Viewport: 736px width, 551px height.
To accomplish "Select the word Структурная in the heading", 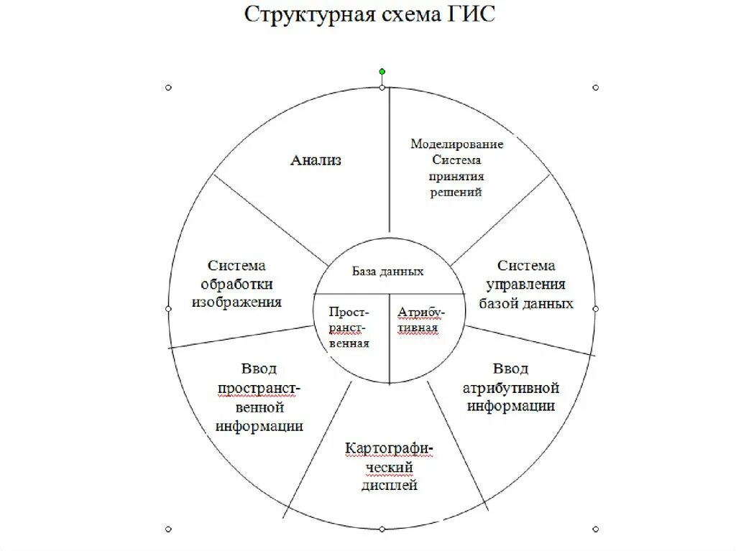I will tap(308, 15).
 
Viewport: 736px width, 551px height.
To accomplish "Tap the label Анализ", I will tap(316, 160).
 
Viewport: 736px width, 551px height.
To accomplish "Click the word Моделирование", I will tap(456, 144).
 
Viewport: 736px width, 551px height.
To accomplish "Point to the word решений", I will tap(456, 193).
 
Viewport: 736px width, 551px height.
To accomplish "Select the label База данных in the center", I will tap(387, 272).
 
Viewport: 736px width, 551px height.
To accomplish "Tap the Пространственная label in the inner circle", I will tap(349, 328).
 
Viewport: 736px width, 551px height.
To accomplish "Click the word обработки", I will tap(237, 284).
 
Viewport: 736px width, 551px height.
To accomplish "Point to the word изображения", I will tap(236, 302).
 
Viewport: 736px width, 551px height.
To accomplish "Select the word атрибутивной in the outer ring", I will tap(510, 388).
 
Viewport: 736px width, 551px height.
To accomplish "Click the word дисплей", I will tap(389, 486).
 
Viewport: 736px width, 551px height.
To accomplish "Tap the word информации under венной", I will tap(259, 425).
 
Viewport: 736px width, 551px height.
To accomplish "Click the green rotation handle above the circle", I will tap(382, 72).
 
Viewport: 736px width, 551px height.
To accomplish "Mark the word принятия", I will tap(456, 177).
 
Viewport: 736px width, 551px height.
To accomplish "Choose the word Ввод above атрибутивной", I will tap(510, 369).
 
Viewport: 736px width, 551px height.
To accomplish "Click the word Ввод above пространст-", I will tap(259, 369).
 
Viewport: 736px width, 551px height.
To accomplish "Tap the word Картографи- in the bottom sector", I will tap(389, 449).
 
